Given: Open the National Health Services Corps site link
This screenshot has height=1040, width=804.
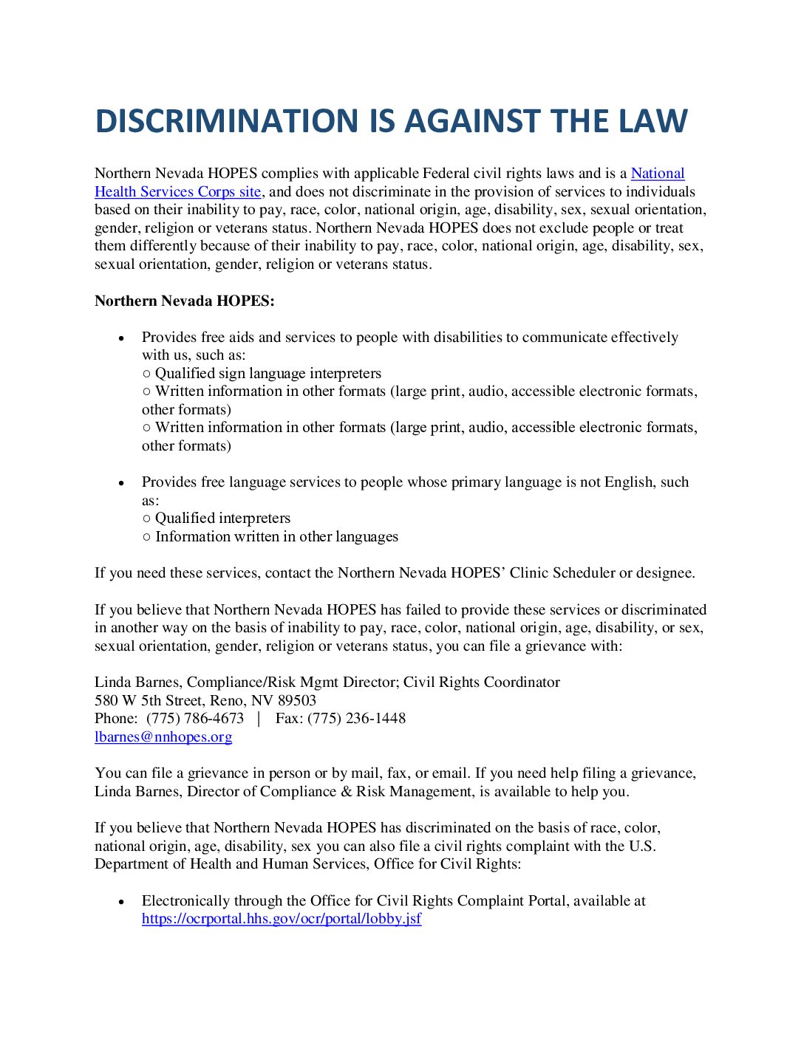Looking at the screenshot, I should (177, 192).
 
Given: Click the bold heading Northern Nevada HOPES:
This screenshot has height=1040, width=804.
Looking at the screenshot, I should (184, 301).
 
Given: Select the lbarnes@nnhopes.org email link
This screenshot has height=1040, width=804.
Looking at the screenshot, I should (163, 737).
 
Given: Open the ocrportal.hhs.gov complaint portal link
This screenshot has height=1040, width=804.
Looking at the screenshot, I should (282, 919).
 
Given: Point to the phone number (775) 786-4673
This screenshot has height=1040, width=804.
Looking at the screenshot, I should (195, 719).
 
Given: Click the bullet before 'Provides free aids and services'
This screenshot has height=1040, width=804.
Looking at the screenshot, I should (122, 338).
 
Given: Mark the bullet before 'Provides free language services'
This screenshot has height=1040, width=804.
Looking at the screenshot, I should (122, 483).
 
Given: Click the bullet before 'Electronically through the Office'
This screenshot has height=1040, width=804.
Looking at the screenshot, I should (122, 902).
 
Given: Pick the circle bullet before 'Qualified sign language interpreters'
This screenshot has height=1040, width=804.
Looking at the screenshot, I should (146, 374).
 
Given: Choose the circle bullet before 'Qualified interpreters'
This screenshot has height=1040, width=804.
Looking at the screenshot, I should (146, 519).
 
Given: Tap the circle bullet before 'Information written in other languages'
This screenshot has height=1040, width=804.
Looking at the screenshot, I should (146, 537).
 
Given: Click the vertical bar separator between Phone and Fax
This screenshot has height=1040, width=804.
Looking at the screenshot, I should (259, 719).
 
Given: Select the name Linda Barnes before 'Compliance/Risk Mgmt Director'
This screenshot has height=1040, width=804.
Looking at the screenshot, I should (137, 682).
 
